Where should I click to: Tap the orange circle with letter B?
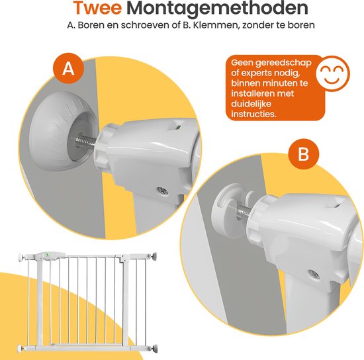coord(304,154)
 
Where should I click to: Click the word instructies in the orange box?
coord(263,115)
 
